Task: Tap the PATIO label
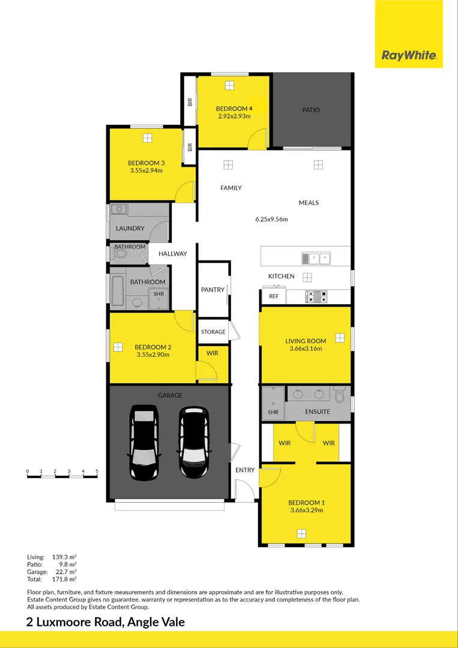(311, 110)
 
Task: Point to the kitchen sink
(316, 259)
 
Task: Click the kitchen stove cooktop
(316, 296)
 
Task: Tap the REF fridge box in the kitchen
(274, 296)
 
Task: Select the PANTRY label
(212, 290)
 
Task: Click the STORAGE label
(213, 332)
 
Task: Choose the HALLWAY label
(172, 254)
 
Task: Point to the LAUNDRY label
(130, 229)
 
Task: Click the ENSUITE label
(318, 412)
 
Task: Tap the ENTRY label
(245, 470)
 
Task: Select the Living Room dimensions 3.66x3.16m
(306, 349)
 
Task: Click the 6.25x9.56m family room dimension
(271, 219)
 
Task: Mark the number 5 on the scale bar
(97, 471)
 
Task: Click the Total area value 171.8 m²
(65, 579)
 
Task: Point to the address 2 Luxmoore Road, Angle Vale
(106, 622)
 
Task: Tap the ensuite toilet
(340, 395)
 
